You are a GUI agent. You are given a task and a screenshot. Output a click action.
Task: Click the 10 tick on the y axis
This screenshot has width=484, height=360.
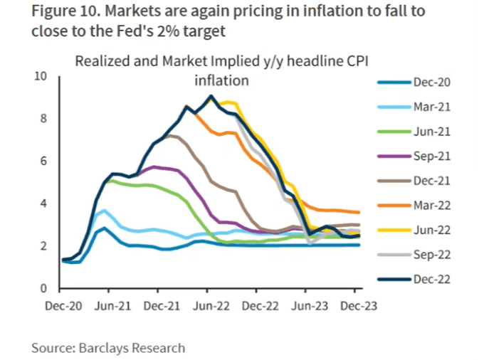[x=41, y=76]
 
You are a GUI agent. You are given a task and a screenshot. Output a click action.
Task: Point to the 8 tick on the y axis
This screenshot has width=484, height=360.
[x=43, y=118]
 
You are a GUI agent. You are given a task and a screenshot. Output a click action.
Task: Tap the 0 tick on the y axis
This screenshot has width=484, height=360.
[x=43, y=289]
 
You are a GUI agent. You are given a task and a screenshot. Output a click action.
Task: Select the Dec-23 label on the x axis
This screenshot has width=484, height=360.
[x=356, y=307]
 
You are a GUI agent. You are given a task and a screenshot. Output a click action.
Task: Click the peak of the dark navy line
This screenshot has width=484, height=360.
[x=211, y=96]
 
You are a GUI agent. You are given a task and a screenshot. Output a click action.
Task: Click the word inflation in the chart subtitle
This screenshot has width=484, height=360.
[x=222, y=80]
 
